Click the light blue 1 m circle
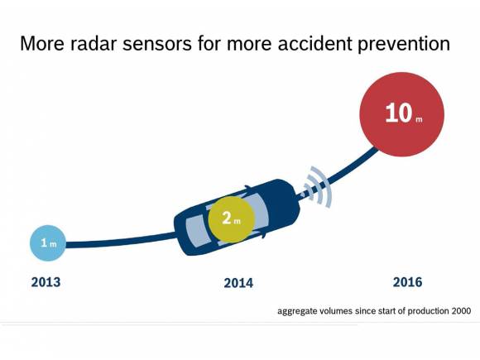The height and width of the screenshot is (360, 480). [x=49, y=243]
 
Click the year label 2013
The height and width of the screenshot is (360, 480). [x=46, y=282]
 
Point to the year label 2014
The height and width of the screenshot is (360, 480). [x=238, y=283]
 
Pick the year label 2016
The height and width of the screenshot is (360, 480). [x=407, y=282]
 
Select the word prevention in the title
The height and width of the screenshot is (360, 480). [x=406, y=44]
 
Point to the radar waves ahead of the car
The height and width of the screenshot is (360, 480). [x=314, y=187]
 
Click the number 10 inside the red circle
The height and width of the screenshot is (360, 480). [x=397, y=113]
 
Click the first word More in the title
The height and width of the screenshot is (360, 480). [x=41, y=44]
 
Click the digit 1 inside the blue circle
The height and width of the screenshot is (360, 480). [x=45, y=243]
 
